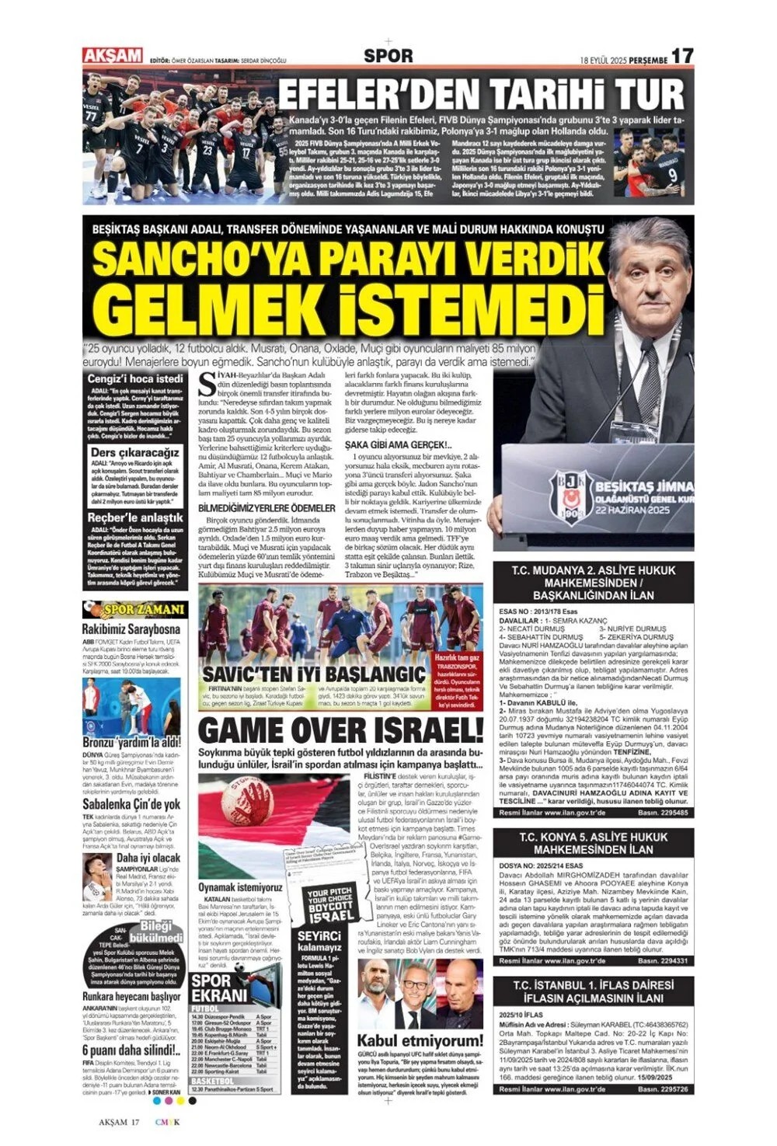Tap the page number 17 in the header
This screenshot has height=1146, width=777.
coord(681,56)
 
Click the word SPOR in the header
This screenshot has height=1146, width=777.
coord(388,56)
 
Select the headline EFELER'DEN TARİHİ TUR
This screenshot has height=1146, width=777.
coord(481,94)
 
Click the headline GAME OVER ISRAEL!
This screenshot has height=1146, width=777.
coord(341,730)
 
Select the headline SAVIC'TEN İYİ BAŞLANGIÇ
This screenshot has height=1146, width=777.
coord(313,672)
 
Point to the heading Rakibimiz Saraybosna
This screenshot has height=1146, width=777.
coord(131,629)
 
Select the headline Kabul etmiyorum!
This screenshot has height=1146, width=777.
coord(420,1040)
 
